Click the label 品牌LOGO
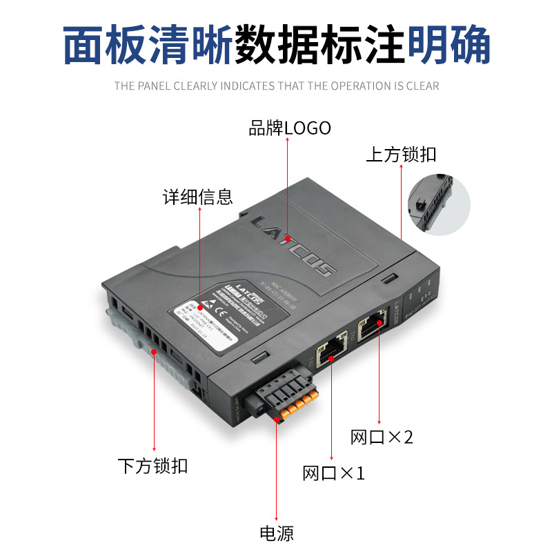pyautogui.click(x=290, y=128)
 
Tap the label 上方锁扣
pyautogui.click(x=401, y=154)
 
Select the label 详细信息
pyautogui.click(x=198, y=197)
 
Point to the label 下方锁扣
pyautogui.click(x=152, y=466)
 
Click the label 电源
pyautogui.click(x=276, y=533)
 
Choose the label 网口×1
pyautogui.click(x=333, y=473)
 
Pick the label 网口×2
pyautogui.click(x=382, y=437)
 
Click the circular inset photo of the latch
pyautogui.click(x=437, y=204)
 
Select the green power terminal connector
pyautogui.click(x=283, y=401)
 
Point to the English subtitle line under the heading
pyautogui.click(x=276, y=86)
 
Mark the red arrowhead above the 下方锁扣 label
pyautogui.click(x=153, y=449)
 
